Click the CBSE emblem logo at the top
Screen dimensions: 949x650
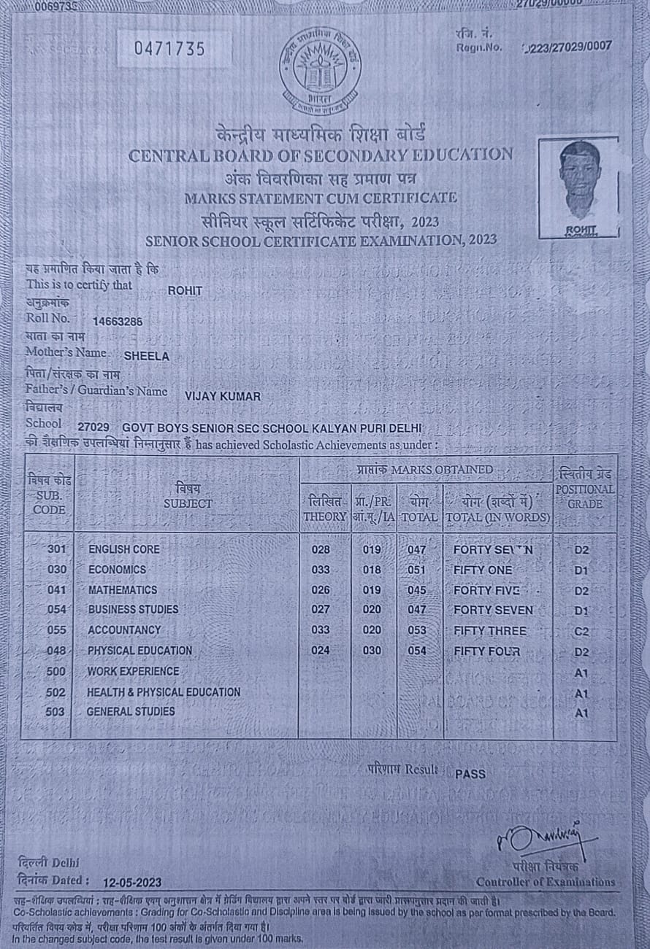pos(320,71)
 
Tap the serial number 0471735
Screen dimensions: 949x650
pos(169,49)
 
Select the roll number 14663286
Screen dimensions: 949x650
pos(118,320)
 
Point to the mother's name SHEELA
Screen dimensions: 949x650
pos(147,357)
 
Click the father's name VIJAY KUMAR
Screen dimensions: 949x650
pos(223,395)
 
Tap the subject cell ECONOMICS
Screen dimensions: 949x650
pos(117,570)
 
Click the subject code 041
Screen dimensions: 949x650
pos(57,590)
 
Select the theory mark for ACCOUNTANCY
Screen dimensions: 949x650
pos(321,630)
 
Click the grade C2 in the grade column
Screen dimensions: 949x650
pos(581,631)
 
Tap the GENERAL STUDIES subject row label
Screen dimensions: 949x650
pos(131,711)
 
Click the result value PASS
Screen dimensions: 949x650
pos(470,774)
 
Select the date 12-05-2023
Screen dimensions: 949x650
pos(132,881)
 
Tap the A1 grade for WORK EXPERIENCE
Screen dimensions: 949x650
pos(581,673)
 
